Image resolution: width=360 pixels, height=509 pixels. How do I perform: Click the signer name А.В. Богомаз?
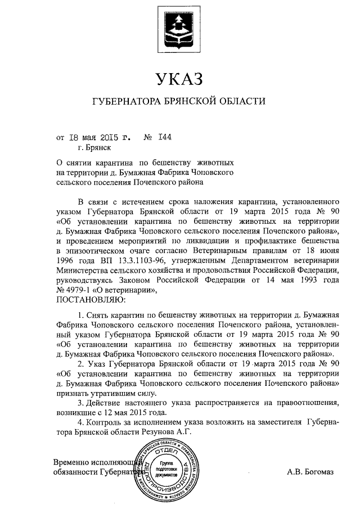310,472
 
